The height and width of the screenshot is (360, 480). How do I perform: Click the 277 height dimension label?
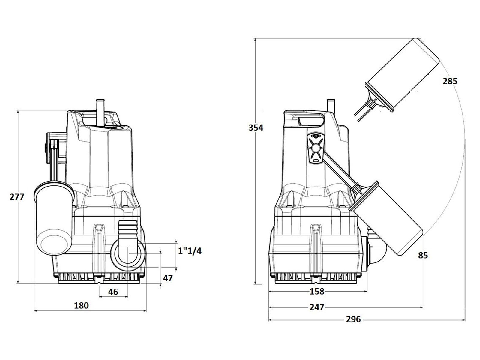click(x=17, y=197)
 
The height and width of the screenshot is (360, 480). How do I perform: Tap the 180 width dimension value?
click(x=81, y=305)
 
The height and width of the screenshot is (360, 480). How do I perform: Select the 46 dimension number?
click(x=113, y=292)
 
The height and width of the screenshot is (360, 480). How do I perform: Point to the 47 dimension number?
click(x=168, y=278)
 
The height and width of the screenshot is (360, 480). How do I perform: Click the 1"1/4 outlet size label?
click(x=190, y=251)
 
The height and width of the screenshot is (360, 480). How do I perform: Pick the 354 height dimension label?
click(x=256, y=127)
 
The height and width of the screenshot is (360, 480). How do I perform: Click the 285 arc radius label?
click(x=450, y=81)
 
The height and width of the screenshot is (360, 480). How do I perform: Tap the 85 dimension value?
click(x=423, y=255)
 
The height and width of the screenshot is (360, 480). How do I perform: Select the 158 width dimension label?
click(x=317, y=291)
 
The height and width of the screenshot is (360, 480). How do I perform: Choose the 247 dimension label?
click(x=317, y=307)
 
